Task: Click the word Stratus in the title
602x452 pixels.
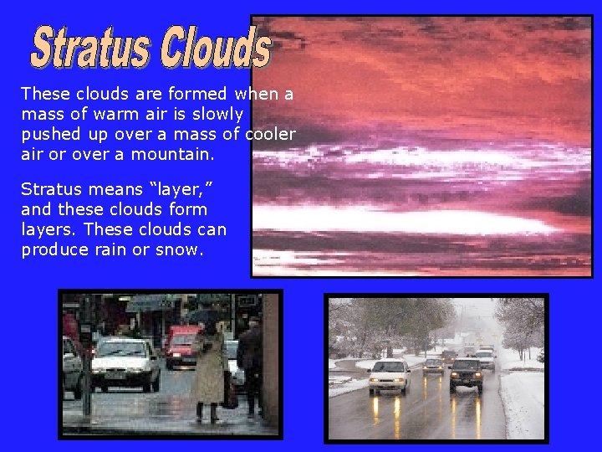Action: coord(89,48)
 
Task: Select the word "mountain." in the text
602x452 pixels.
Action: coord(173,154)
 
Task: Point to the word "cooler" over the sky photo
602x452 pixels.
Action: coord(270,134)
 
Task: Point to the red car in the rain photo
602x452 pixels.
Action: coord(181,346)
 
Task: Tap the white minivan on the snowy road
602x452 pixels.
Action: coord(390,376)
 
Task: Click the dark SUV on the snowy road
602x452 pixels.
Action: coord(466,373)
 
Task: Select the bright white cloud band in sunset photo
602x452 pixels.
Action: coord(435,220)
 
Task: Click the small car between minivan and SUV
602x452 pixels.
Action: coord(433,365)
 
